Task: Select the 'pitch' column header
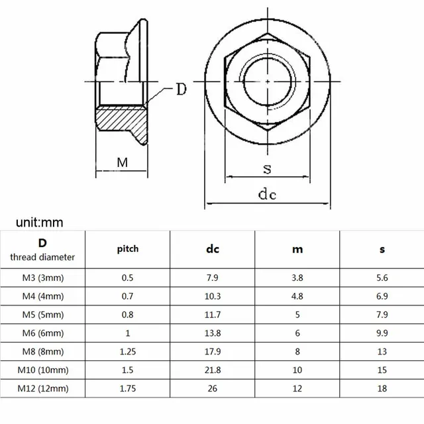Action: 128,250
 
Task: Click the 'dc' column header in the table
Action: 212,250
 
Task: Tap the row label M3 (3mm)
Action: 42,278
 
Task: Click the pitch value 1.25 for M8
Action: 128,352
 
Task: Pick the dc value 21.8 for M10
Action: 212,370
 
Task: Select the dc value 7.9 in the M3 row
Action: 212,278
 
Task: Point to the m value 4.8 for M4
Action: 297,296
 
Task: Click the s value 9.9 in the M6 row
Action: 382,333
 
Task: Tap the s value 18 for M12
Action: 382,389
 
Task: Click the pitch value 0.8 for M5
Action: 128,315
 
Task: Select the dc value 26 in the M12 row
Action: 212,389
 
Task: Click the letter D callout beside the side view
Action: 181,89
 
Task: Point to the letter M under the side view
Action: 122,162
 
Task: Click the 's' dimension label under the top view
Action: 267,168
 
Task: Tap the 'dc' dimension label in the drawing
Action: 267,194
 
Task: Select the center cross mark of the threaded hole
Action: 267,81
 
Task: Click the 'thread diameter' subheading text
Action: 42,257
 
